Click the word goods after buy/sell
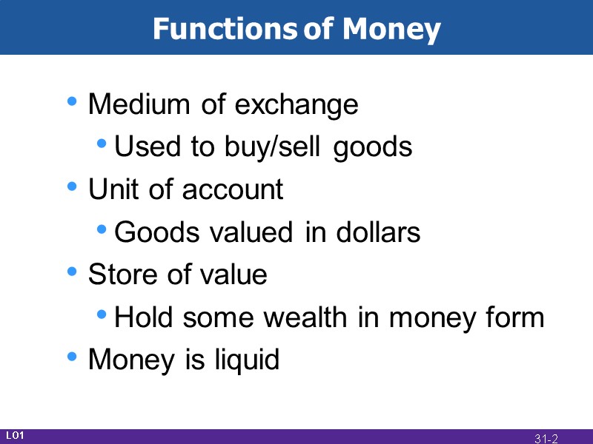(373, 148)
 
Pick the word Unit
(113, 189)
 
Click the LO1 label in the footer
(15, 435)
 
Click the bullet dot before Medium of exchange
(71, 102)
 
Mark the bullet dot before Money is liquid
(71, 357)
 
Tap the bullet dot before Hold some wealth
(102, 316)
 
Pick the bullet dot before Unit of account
(71, 187)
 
